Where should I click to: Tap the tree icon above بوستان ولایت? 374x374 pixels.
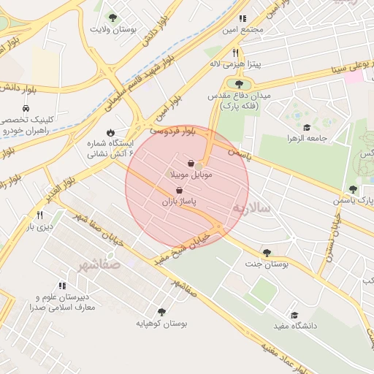click(x=112, y=18)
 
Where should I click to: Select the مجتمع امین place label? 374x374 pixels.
click(x=243, y=30)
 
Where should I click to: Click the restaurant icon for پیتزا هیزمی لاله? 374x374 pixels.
click(x=234, y=53)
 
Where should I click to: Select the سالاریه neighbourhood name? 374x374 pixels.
click(x=251, y=208)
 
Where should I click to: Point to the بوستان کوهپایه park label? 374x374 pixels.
click(x=162, y=323)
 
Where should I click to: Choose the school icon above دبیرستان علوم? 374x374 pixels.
click(x=61, y=286)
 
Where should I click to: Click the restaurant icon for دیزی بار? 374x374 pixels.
click(x=39, y=215)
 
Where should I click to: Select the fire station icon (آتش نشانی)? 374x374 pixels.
click(x=110, y=133)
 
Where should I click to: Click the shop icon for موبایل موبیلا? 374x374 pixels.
click(x=191, y=164)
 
